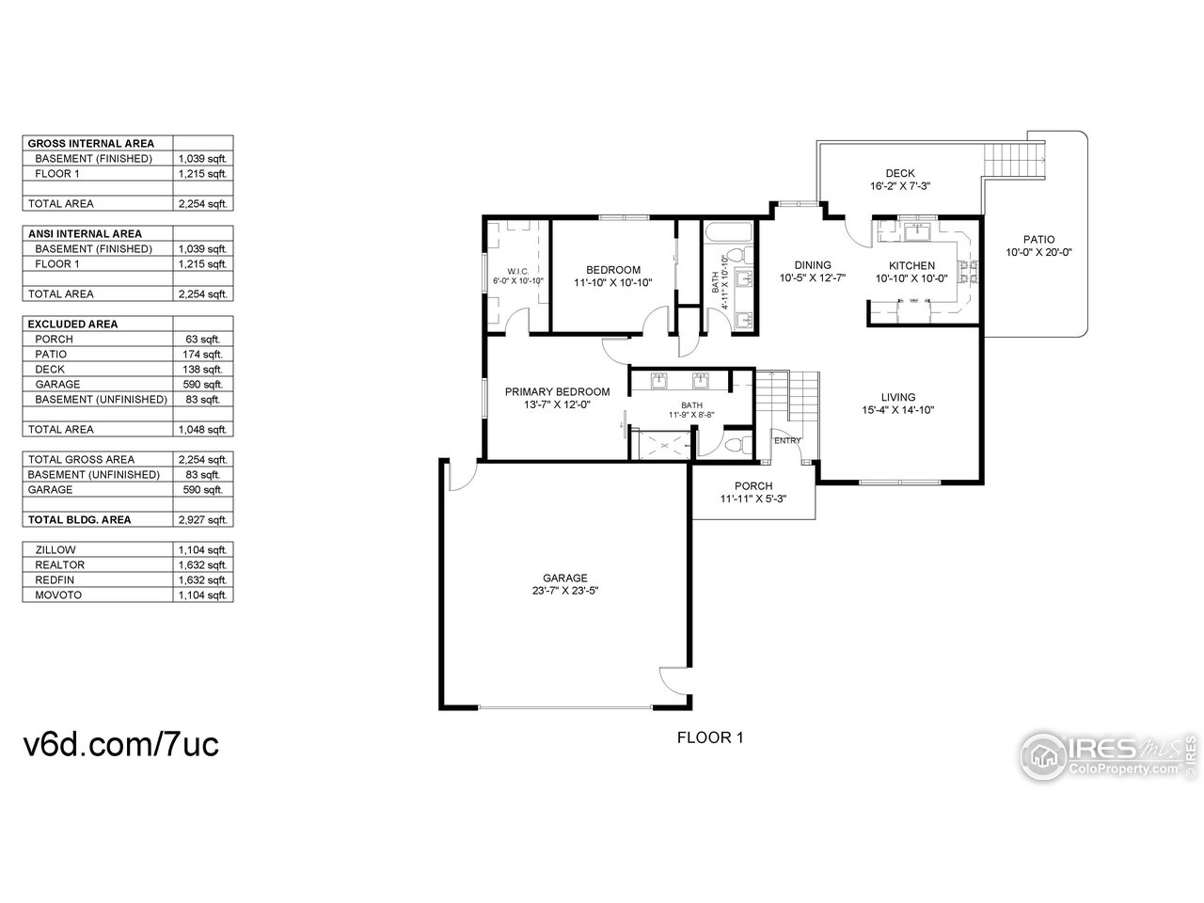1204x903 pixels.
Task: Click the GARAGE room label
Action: (x=564, y=578)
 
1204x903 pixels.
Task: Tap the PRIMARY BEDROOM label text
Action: (x=557, y=392)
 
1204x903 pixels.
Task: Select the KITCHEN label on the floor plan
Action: (x=912, y=266)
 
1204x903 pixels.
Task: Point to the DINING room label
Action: (x=813, y=265)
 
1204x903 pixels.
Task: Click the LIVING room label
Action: (x=897, y=397)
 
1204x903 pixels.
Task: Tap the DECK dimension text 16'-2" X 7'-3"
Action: (x=899, y=186)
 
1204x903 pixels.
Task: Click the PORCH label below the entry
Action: (x=753, y=486)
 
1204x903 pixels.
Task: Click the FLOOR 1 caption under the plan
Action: (x=710, y=738)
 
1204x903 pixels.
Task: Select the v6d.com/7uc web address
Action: (x=120, y=744)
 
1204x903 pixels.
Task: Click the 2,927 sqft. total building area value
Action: (x=202, y=520)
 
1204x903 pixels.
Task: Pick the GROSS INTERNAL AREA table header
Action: (x=91, y=144)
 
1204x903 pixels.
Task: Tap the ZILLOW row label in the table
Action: (x=55, y=550)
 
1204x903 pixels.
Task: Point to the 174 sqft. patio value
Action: (x=202, y=355)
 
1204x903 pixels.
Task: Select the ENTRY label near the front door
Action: (x=786, y=440)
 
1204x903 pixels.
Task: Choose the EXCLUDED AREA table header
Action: (x=73, y=325)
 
